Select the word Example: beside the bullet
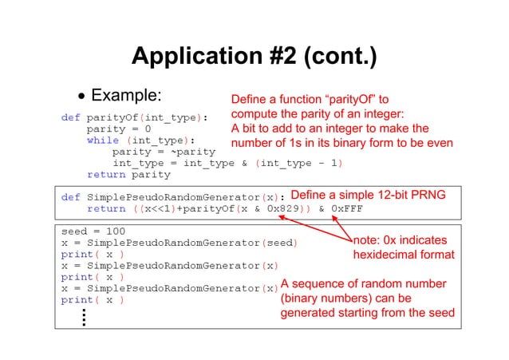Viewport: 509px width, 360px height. (x=127, y=97)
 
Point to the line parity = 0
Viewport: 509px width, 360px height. (x=118, y=129)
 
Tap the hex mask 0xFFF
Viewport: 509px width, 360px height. (x=348, y=208)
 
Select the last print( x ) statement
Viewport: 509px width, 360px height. (x=92, y=300)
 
